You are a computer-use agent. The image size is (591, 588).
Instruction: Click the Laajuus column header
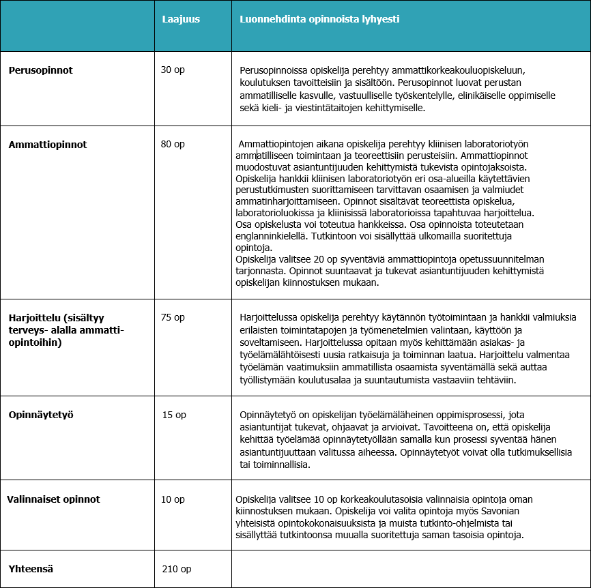coord(181,19)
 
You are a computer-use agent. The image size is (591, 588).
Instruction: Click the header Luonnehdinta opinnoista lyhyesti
coord(319,19)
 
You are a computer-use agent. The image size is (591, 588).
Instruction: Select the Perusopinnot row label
coord(41,70)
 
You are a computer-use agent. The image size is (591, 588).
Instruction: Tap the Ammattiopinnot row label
coord(48,145)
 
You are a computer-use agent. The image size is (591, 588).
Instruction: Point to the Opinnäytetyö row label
coord(41,414)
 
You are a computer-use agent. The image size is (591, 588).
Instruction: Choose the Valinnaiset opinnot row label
coord(53,499)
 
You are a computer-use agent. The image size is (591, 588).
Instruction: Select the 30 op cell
coord(173,70)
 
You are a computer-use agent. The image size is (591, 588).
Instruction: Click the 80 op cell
coord(173,145)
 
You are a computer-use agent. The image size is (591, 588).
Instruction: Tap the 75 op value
coord(173,317)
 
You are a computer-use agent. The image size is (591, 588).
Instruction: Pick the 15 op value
coord(174,414)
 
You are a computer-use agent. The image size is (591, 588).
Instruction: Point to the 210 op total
coord(177,568)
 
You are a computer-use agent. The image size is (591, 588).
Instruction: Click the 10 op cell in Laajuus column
coord(173,499)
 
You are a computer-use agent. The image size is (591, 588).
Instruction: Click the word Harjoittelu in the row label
coord(32,318)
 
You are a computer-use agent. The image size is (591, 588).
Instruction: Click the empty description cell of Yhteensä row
coord(410,568)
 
